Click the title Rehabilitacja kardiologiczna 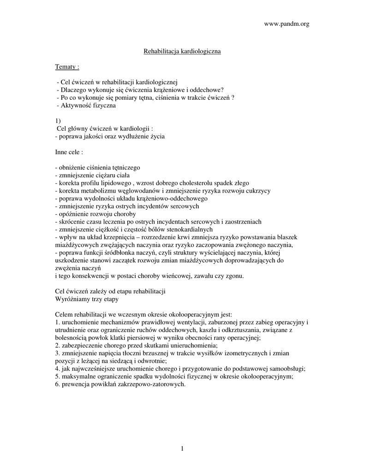pyautogui.click(x=182, y=51)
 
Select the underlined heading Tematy pyautogui.click(x=67, y=67)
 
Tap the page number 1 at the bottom pyautogui.click(x=182, y=448)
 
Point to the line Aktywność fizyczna pyautogui.click(x=86, y=105)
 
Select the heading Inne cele pyautogui.click(x=69, y=152)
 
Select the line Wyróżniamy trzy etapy pyautogui.click(x=86, y=299)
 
